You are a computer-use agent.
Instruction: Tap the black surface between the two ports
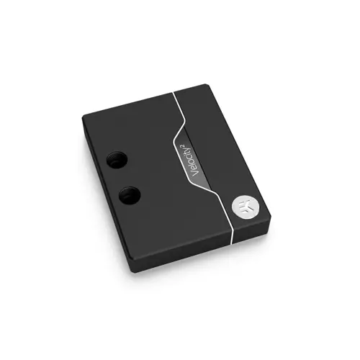123,178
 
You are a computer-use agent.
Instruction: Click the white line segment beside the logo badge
229,216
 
